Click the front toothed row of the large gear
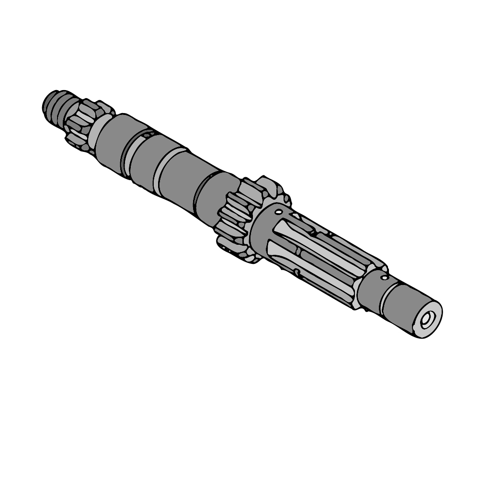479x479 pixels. pos(235,216)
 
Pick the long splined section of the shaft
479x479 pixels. pos(316,259)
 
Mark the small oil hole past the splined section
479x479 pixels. pos(384,277)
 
